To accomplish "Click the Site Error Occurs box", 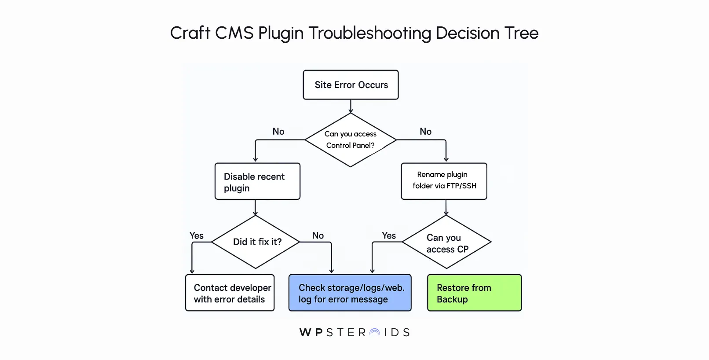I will [351, 85].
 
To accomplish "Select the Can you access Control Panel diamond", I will [351, 140].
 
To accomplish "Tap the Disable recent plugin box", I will [257, 182].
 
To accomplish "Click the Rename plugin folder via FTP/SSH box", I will [444, 181].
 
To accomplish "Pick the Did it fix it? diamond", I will [256, 242].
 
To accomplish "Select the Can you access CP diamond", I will [446, 242].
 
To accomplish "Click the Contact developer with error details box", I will [230, 293].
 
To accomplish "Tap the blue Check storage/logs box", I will [350, 293].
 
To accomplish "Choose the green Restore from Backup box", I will [474, 293].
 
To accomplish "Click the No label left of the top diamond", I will [278, 132].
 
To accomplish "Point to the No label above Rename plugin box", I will [425, 132].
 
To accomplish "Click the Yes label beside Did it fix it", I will [197, 235].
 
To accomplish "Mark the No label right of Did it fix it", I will [318, 235].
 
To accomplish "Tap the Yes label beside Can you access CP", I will [389, 235].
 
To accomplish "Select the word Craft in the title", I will [190, 33].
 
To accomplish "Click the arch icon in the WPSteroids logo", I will [375, 333].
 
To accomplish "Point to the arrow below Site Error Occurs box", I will [351, 107].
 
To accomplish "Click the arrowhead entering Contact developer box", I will [192, 271].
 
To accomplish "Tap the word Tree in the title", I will [521, 33].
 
